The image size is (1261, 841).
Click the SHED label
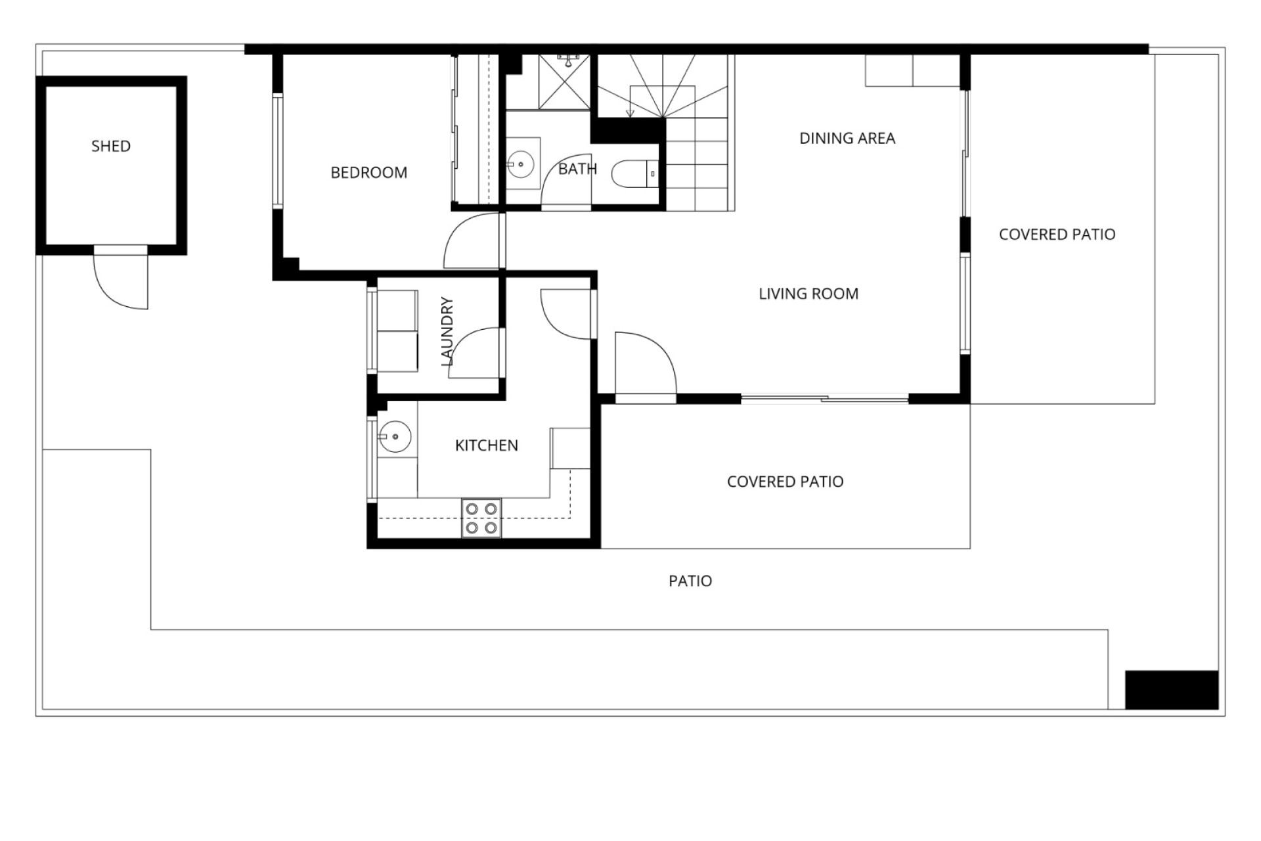point(111,146)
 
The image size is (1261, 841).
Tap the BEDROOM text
point(368,173)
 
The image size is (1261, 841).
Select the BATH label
point(577,169)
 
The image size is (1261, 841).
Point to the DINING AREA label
point(847,138)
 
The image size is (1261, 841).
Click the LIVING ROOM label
point(808,294)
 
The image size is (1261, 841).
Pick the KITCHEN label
point(487,445)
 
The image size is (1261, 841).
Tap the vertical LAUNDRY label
point(447,332)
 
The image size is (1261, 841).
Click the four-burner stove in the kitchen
point(481,518)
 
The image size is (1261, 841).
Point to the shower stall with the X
point(564,82)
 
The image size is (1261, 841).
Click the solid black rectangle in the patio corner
point(1172,690)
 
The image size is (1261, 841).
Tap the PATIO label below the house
point(690,581)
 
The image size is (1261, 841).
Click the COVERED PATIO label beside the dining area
point(1057,235)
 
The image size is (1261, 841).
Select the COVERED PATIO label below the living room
point(785,482)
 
